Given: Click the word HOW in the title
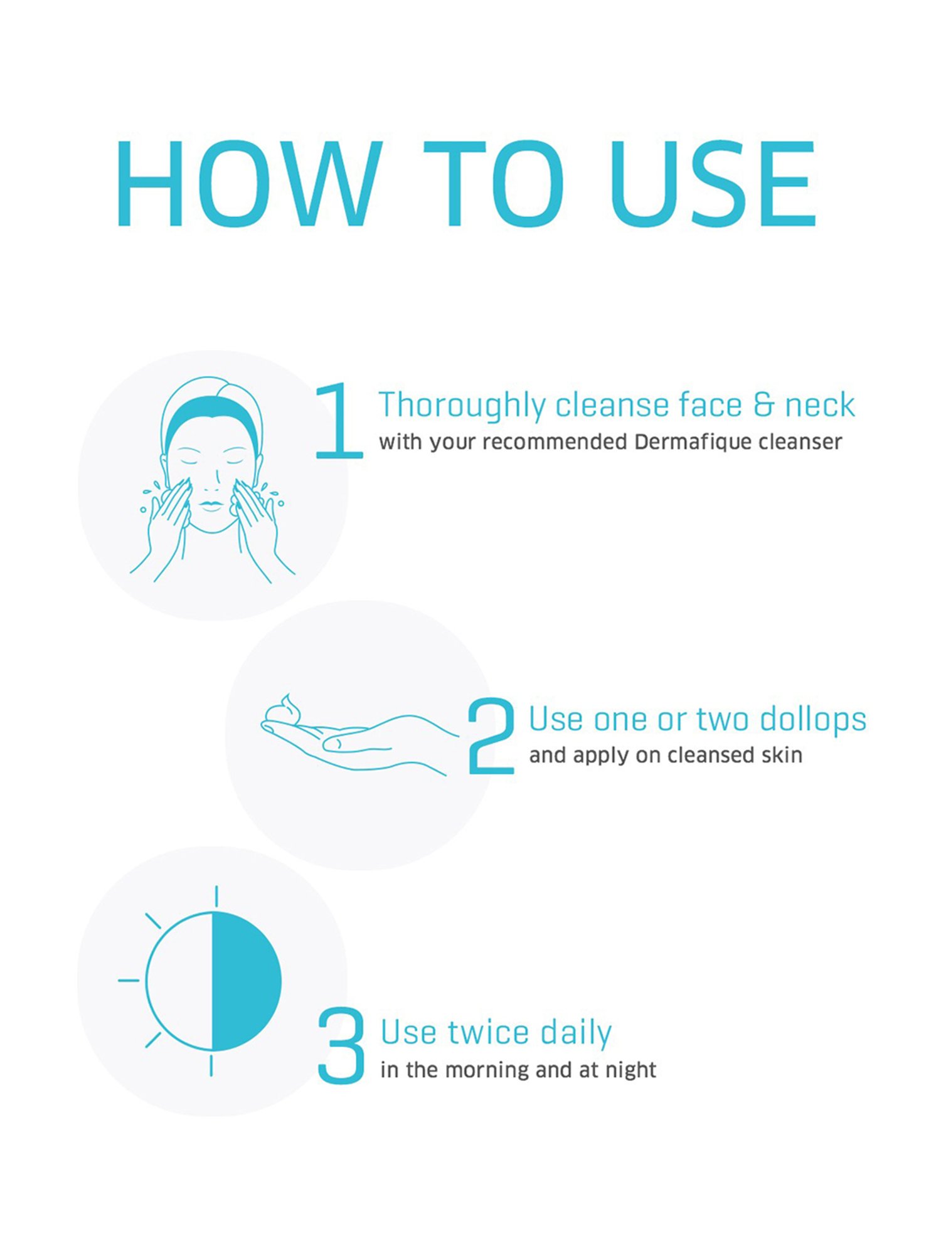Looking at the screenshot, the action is click(x=249, y=183).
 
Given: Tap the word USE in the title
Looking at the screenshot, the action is click(x=713, y=183).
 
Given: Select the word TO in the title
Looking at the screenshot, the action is click(x=493, y=183).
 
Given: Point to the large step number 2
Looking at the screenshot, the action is click(x=491, y=735).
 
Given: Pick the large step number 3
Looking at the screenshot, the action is click(x=341, y=1045).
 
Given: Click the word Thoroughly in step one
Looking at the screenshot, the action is click(x=462, y=406).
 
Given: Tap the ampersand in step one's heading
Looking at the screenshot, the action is click(x=763, y=404).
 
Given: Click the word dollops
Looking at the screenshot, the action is click(x=813, y=720).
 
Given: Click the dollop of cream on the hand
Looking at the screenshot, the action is click(x=284, y=709).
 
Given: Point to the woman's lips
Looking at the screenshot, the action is click(x=211, y=505).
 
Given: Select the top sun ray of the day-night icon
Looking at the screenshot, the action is click(x=216, y=897).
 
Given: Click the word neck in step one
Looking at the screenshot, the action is click(x=820, y=405).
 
